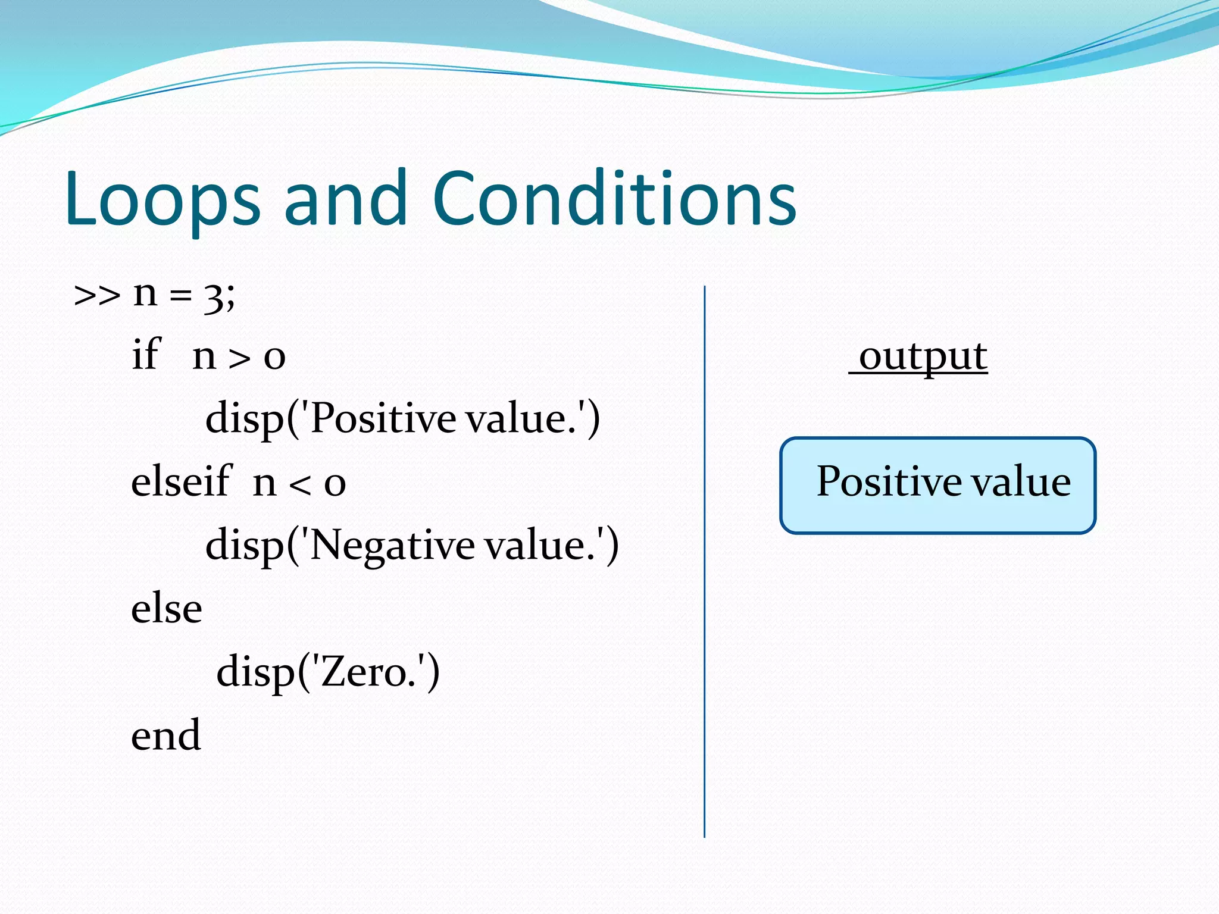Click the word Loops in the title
coord(162,199)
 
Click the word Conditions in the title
coord(614,199)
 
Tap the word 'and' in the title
coord(346,199)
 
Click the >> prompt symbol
coord(96,296)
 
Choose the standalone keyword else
coord(167,609)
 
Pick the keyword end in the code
coord(166,735)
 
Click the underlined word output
coord(923,357)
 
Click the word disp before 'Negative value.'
coord(245,546)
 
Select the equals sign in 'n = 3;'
coord(180,296)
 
